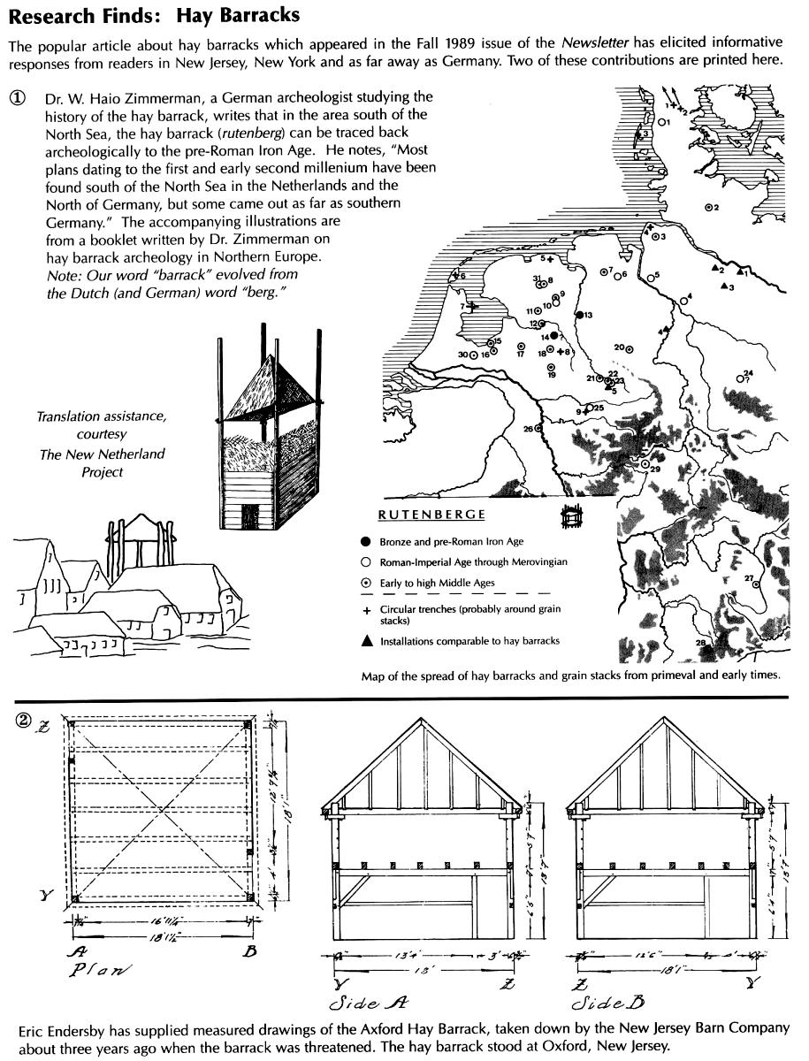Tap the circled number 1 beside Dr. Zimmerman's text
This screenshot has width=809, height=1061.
(18, 98)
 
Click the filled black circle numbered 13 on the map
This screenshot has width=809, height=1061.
(578, 315)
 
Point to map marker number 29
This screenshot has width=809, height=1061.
(645, 462)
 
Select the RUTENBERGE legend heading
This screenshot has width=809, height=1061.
(431, 515)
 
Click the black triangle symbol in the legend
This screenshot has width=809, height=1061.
(365, 642)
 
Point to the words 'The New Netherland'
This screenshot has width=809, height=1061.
(101, 454)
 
